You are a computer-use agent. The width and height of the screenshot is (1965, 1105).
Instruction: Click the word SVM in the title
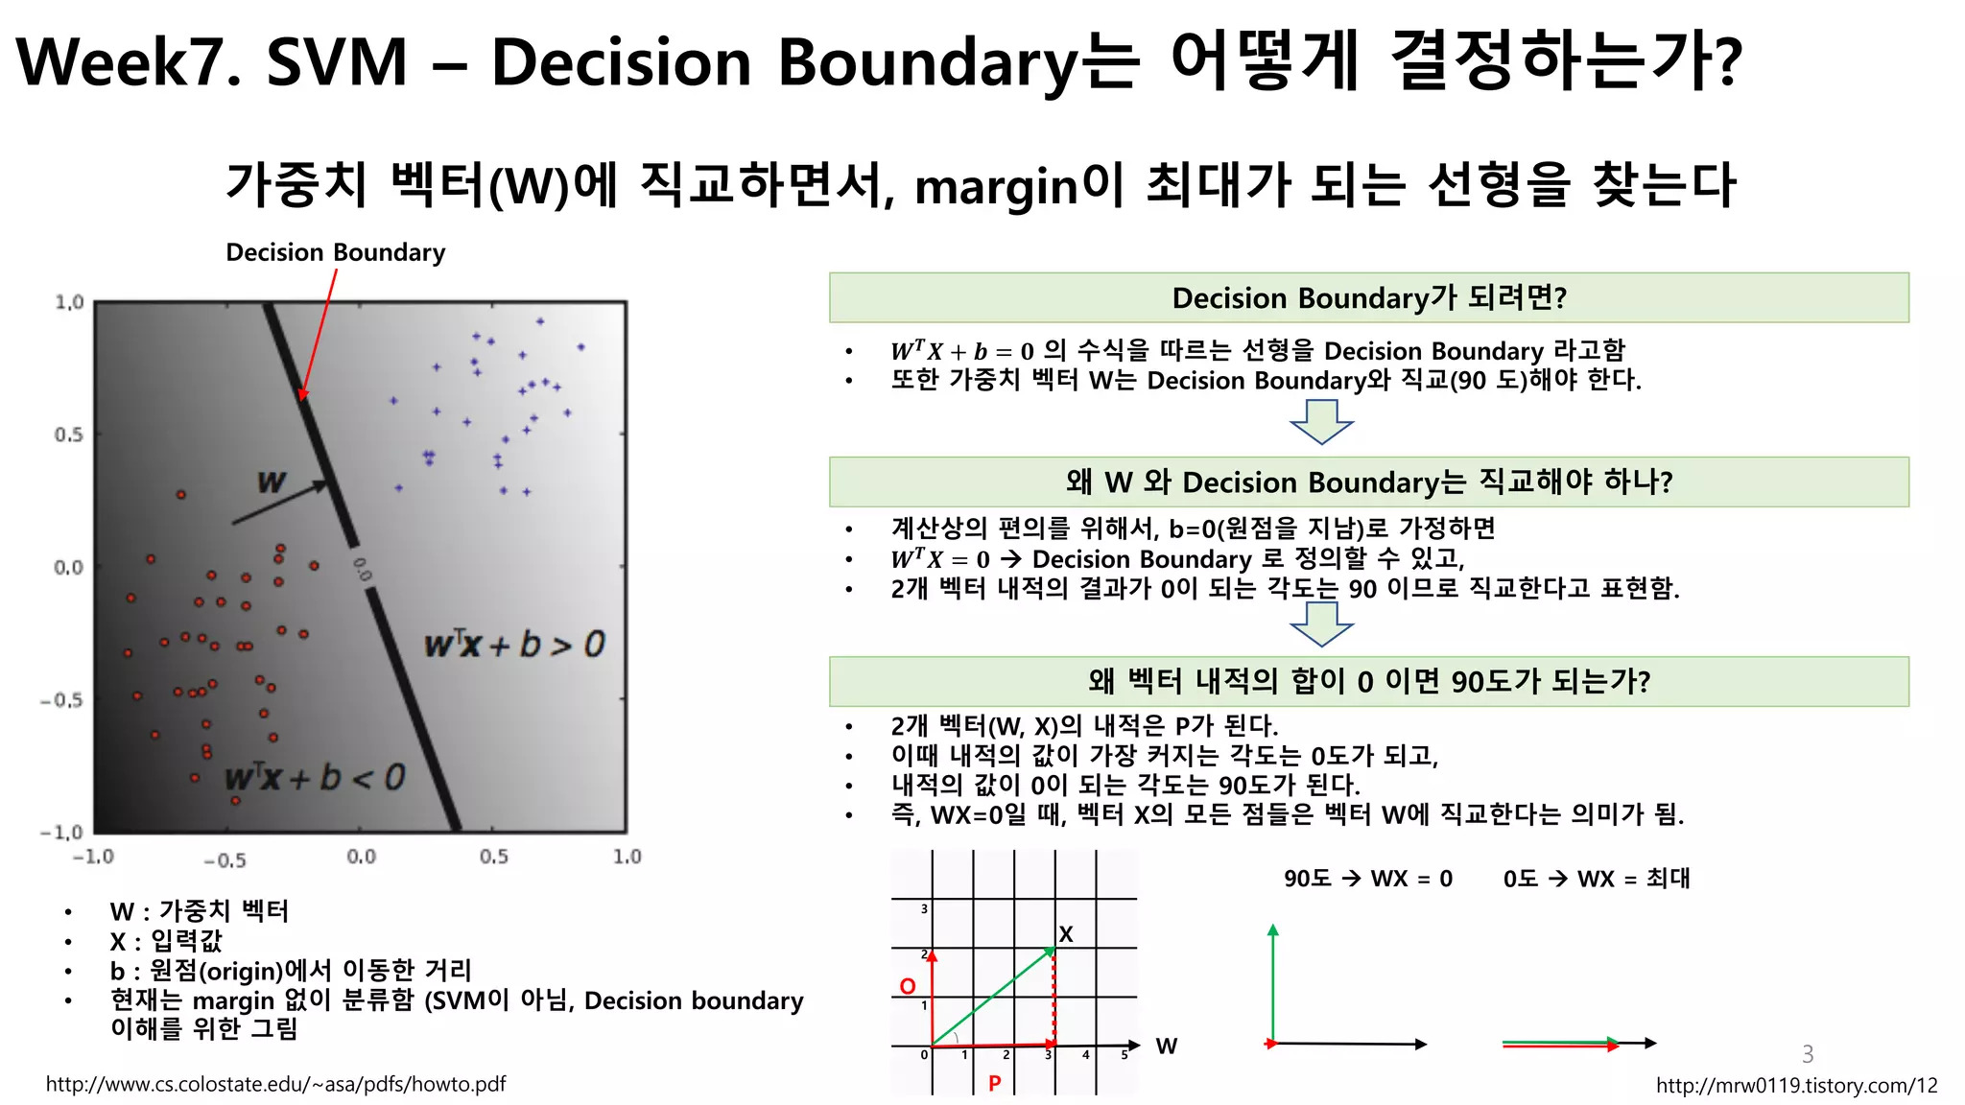tap(337, 63)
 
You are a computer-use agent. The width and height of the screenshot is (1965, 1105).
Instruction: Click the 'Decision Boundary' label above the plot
tap(335, 252)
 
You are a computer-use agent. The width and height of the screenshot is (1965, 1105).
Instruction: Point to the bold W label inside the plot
tap(272, 482)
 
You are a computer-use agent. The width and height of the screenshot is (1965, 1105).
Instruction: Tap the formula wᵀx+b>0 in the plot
tap(514, 644)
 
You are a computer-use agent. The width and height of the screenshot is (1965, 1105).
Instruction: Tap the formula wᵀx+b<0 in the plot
tap(315, 777)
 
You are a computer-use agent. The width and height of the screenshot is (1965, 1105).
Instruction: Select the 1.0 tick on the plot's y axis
tap(69, 303)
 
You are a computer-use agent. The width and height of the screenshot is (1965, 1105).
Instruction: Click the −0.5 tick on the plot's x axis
tap(225, 860)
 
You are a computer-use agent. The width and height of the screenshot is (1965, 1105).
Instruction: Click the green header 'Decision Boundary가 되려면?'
tap(1368, 298)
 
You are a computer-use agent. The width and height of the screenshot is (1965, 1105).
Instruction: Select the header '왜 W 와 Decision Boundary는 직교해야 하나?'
tap(1368, 482)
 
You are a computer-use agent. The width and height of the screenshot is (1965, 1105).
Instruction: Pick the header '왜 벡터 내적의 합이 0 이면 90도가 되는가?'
tap(1368, 682)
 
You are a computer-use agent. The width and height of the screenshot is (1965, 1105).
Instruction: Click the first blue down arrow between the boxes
tap(1321, 422)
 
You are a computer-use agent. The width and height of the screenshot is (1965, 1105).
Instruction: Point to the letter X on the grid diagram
tap(1065, 934)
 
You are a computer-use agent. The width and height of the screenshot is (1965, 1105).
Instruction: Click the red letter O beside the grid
tap(908, 986)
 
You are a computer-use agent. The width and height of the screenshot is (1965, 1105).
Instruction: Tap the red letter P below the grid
tap(995, 1083)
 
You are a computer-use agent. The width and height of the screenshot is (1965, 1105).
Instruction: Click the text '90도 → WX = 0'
tap(1368, 879)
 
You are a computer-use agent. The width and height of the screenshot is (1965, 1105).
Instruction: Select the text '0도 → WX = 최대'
tap(1597, 879)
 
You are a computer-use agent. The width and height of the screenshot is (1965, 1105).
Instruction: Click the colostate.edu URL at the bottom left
tap(275, 1085)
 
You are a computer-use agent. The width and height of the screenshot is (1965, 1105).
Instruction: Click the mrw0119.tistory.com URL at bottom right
tap(1796, 1086)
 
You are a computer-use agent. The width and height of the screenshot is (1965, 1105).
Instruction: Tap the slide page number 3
tap(1808, 1054)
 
